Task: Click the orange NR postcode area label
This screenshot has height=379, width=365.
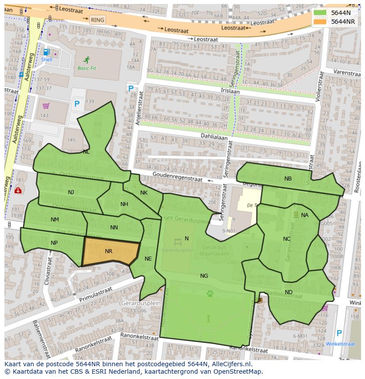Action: coord(108,251)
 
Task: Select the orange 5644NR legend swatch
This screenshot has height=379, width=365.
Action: coord(320,22)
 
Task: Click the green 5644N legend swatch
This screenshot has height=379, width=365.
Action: coord(320,13)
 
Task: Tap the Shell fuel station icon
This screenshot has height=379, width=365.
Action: coord(46,52)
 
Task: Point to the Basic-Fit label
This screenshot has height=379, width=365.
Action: coord(87,68)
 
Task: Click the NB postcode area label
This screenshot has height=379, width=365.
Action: coord(288,179)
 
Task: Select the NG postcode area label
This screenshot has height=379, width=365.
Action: coord(204,276)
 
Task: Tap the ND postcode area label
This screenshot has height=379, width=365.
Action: coord(288,292)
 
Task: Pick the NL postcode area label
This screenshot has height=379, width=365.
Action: coord(86,152)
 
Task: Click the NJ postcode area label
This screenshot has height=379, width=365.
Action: coord(71,192)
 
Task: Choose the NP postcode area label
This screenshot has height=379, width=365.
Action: coord(54,243)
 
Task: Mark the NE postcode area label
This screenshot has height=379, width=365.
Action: coord(148,259)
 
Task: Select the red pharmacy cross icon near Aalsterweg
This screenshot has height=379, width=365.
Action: coord(18,191)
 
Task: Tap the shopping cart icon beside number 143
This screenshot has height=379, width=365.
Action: coord(46,106)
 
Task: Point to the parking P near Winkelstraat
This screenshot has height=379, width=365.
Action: coord(339,333)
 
